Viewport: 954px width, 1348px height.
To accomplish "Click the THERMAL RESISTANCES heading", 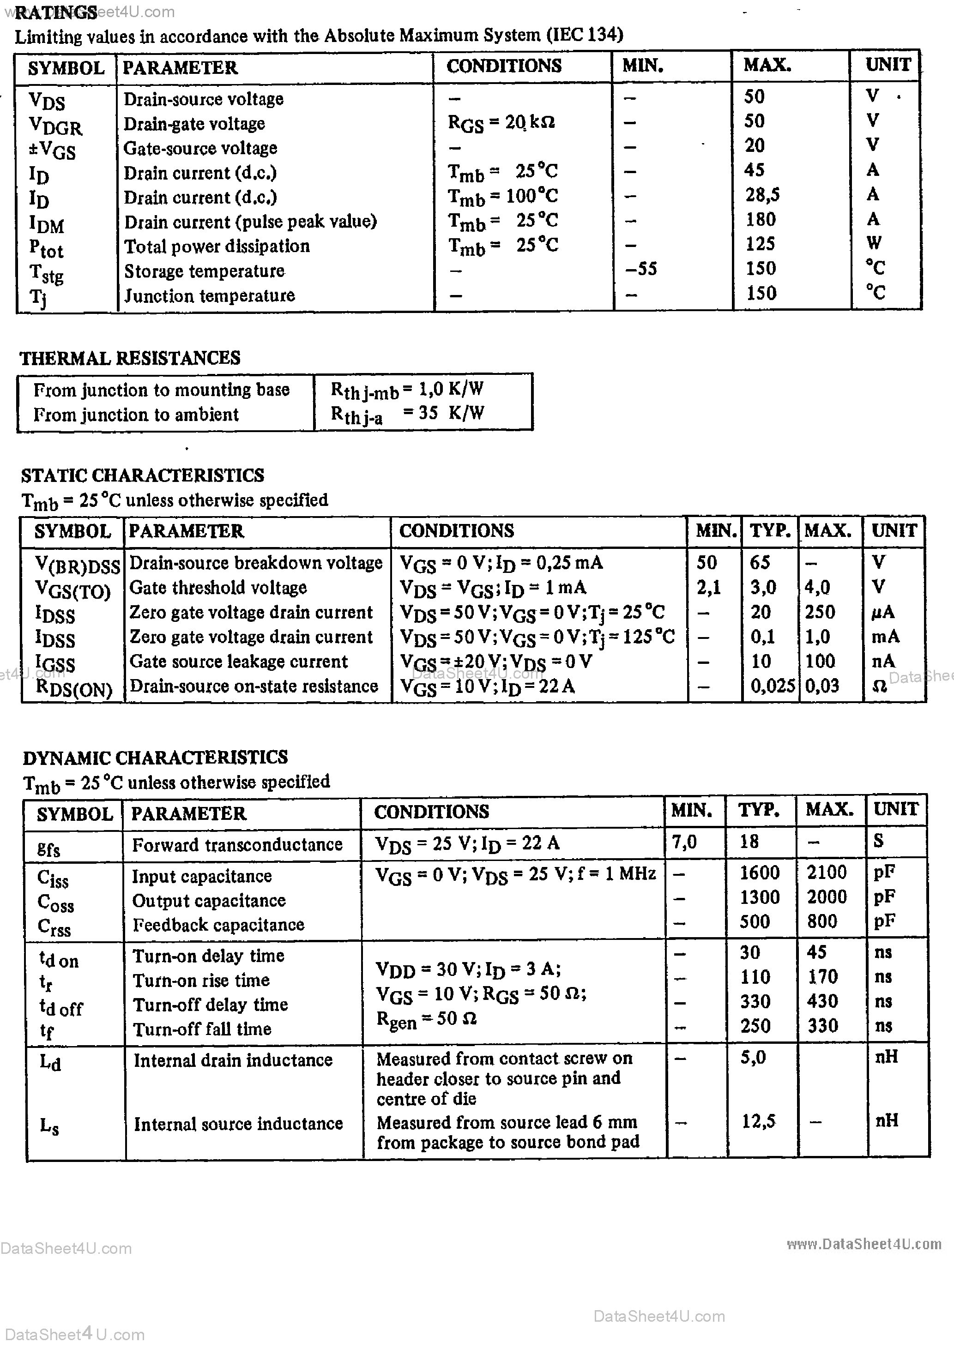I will (130, 358).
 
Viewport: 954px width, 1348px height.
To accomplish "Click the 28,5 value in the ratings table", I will (762, 194).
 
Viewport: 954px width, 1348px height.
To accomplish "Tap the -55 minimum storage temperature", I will (641, 269).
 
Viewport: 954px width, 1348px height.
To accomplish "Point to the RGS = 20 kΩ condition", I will (501, 123).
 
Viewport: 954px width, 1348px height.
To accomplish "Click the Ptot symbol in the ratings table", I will (46, 248).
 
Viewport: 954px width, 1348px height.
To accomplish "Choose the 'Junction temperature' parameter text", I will (209, 295).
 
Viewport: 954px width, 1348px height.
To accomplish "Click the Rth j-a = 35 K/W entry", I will (407, 414).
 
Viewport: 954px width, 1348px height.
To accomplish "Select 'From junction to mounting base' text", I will (161, 390).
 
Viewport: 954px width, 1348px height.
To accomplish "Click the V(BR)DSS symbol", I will (77, 565).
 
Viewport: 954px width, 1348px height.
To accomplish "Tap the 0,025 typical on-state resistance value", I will (773, 686).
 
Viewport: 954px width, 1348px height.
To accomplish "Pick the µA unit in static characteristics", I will (882, 612).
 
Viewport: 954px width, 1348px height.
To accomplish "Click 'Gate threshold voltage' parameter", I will (217, 588).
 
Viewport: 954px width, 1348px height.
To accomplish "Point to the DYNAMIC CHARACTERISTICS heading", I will (155, 758).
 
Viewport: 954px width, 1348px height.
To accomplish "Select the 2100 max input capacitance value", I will (827, 873).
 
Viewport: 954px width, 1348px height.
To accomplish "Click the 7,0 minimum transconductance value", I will (684, 842).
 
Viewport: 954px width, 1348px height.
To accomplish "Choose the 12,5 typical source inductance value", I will (758, 1121).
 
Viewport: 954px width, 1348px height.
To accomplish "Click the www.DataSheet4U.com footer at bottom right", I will (863, 1244).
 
